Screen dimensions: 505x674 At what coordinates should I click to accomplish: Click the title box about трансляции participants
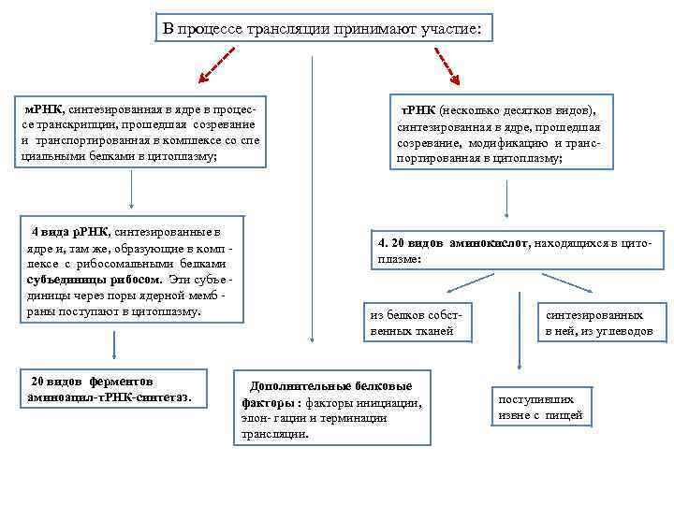[x=322, y=30]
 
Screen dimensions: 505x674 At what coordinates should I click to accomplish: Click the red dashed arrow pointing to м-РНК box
[x=214, y=67]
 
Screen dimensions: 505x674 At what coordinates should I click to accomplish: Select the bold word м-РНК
[x=43, y=98]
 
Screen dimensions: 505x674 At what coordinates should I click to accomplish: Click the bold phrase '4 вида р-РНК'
[x=71, y=230]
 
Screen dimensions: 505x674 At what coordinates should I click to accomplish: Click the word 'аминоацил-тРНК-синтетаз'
[x=110, y=397]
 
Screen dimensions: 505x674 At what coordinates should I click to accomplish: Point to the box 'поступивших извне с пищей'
[x=540, y=407]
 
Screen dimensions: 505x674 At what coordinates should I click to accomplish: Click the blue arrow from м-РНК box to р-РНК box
[x=131, y=192]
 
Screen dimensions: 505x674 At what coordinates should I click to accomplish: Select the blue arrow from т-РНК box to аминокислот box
[x=506, y=199]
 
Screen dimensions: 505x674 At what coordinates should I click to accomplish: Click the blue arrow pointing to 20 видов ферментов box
[x=114, y=345]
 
